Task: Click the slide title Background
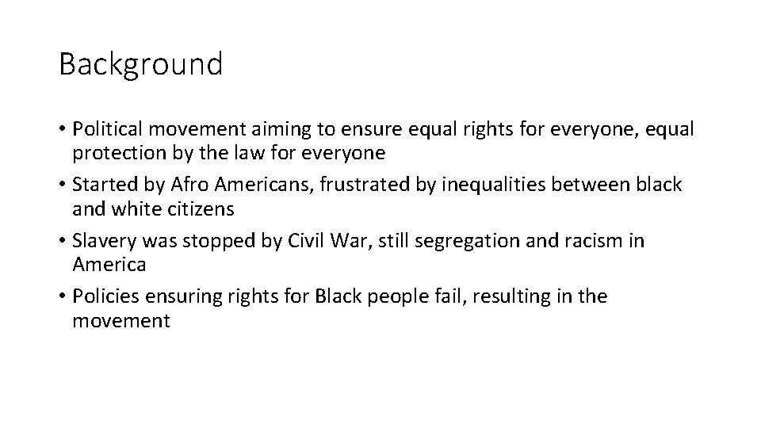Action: tap(140, 63)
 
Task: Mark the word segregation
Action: tap(463, 241)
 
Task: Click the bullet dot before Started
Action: tap(62, 185)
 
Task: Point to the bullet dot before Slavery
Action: tap(62, 241)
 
